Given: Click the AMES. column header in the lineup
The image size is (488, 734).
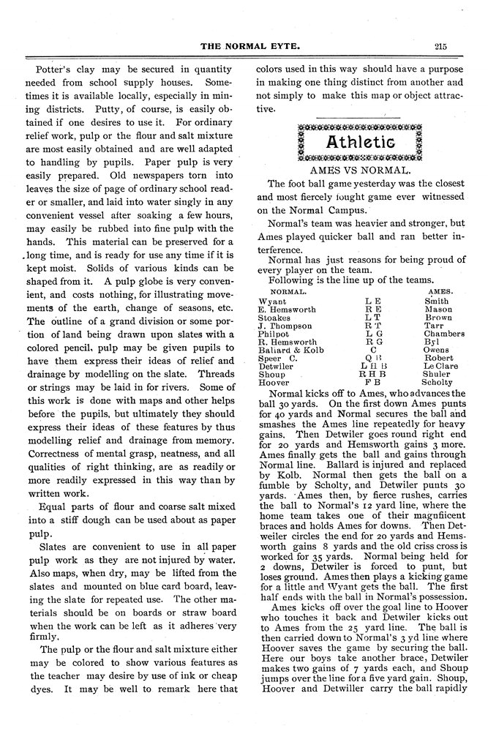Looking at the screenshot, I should coord(438,291).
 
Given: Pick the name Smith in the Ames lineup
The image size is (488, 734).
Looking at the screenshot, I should coord(436,301).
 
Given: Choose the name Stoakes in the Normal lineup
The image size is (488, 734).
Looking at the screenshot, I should coord(275,317).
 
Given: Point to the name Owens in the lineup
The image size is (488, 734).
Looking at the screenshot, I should coord(438,349).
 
